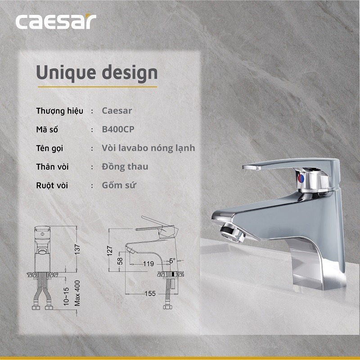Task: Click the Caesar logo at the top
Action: (56, 22)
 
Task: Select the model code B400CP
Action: (118, 129)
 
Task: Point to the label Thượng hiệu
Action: (59, 111)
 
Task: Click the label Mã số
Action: (47, 129)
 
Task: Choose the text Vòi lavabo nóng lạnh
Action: (149, 148)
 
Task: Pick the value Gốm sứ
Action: (119, 185)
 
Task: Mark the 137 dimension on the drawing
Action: (77, 248)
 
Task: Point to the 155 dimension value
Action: (150, 293)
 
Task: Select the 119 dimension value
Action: (148, 264)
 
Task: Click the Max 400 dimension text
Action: (77, 293)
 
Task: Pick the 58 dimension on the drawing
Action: (120, 261)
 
